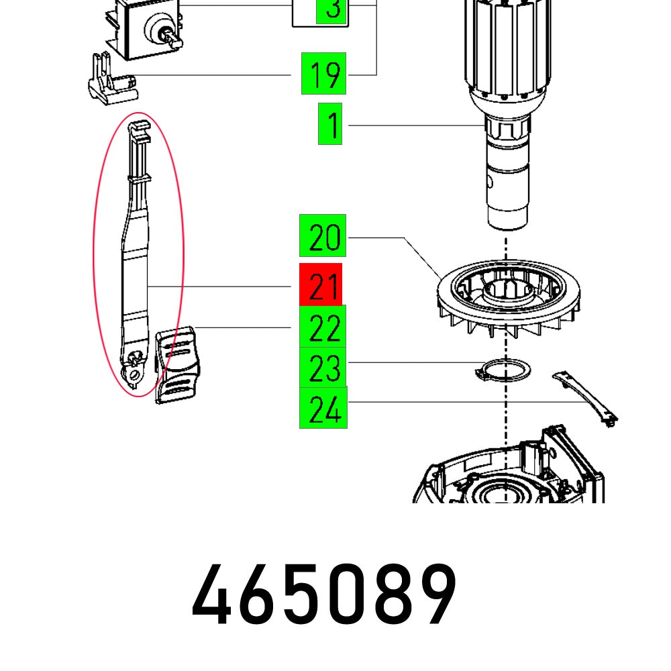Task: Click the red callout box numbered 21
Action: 321,285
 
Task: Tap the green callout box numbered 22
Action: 323,327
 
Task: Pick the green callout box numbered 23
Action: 323,367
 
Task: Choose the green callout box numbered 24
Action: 323,408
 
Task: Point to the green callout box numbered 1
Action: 330,125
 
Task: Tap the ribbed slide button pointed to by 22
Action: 178,365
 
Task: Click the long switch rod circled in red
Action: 136,268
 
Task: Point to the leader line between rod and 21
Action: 221,287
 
